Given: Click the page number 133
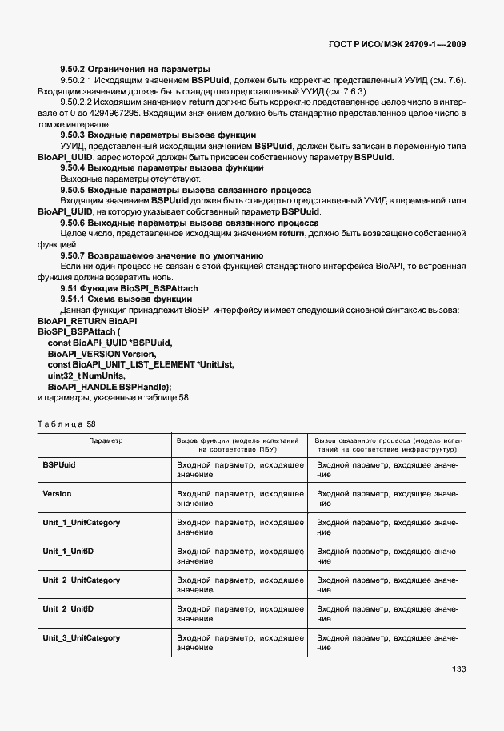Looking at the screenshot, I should click(458, 669).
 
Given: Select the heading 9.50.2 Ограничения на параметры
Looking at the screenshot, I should click(134, 69).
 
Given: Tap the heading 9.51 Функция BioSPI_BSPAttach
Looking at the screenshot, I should click(129, 287).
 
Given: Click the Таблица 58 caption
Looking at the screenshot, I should click(66, 424).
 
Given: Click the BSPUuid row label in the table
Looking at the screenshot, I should click(60, 464).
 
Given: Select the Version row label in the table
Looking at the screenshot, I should click(57, 493).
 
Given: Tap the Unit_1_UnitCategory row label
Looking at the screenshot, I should click(81, 522).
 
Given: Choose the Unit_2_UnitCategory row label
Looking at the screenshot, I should click(81, 580).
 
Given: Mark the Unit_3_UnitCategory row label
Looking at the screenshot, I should click(81, 637).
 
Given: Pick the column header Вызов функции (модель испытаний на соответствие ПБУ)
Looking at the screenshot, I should click(238, 445).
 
